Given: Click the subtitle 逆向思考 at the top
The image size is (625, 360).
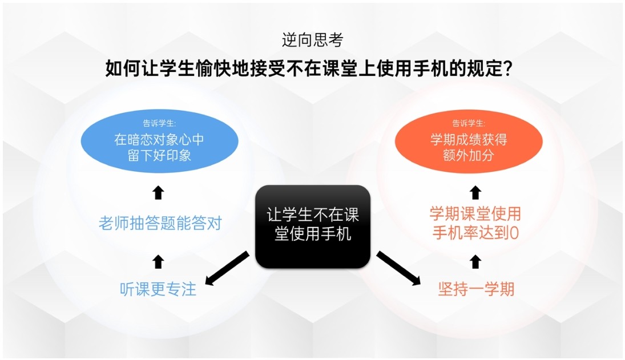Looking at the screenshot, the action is [312, 40].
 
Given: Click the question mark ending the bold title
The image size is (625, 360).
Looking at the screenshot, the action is [508, 68].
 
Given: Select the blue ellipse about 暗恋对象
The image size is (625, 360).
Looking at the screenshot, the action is [159, 141].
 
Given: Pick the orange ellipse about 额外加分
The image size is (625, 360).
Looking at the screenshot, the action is [469, 141].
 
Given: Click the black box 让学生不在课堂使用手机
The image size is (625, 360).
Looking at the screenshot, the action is [313, 226].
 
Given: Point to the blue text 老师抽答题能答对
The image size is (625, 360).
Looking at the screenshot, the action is [160, 224].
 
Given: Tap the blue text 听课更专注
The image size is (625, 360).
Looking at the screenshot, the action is [158, 289].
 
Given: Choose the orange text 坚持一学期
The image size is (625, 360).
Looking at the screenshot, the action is [477, 289].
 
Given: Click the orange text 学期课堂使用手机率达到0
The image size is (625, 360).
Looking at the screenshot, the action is [475, 224].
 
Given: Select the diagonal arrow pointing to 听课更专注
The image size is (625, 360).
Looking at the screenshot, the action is [227, 268].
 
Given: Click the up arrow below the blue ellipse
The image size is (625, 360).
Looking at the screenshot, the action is [158, 192].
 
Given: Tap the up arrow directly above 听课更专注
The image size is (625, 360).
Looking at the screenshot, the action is [158, 262].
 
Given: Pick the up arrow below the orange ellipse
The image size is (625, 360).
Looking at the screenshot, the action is [475, 192].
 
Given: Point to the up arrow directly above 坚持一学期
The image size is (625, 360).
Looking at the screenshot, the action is [475, 262].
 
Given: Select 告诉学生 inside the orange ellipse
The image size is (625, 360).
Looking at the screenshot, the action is [469, 123].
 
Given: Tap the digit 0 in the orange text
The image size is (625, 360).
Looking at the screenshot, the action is [514, 233].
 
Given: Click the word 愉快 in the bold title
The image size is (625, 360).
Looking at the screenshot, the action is [213, 68].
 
